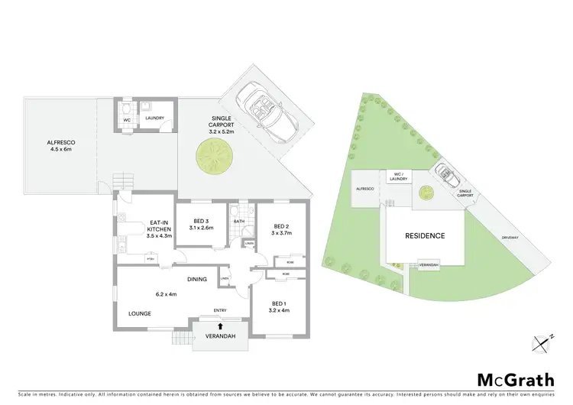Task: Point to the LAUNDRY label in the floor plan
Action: pos(155,118)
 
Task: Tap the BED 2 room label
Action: pos(280,229)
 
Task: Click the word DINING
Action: pos(197,279)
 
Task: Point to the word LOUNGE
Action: pos(139,313)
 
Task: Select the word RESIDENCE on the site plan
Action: pos(425,236)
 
